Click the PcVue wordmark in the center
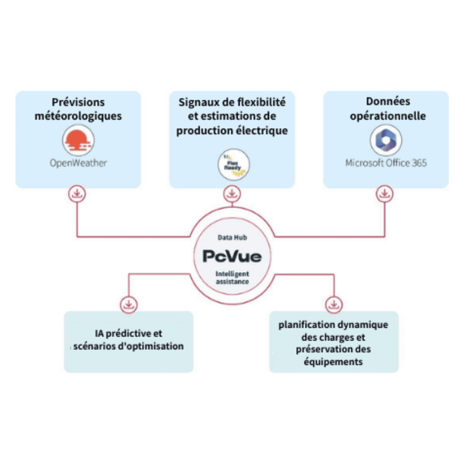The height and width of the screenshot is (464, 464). (x=232, y=256)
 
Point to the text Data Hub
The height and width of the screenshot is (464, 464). (x=232, y=238)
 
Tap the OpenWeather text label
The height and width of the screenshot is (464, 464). (x=78, y=163)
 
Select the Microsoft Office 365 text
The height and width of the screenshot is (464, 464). (x=386, y=163)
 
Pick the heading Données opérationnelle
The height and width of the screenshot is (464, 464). (x=386, y=108)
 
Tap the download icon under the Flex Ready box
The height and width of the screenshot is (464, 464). (x=232, y=193)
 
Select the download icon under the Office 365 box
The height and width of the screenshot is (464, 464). (x=384, y=194)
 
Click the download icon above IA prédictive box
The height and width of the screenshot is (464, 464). (x=128, y=304)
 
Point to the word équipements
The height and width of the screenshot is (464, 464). (x=334, y=361)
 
